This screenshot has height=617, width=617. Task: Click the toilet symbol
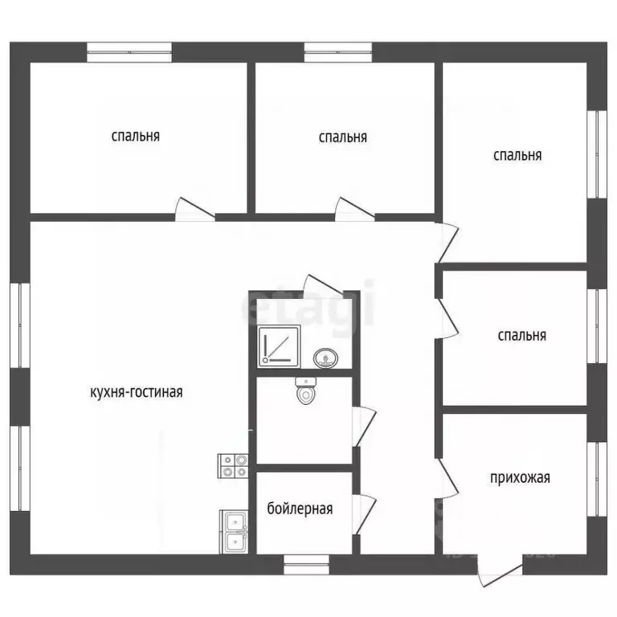coord(306,390)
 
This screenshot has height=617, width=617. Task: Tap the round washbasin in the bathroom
coord(326,358)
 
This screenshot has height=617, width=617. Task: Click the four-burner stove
coord(233,466)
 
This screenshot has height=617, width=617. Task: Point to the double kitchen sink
coord(234,532)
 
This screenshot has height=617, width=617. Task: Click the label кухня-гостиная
coord(137,392)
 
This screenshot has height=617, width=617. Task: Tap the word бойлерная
coord(300,509)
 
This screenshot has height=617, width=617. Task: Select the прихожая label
coord(520,478)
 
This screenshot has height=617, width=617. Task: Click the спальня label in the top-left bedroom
coord(135,136)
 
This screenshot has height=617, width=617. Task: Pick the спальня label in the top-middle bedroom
coord(343,137)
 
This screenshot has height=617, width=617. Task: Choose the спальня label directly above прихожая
coord(521,336)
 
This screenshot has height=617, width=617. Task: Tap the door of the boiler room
coord(364,514)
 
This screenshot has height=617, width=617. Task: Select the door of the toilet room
coord(364,427)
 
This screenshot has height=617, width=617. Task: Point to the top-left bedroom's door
coord(194,209)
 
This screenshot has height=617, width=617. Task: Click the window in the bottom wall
coord(307,564)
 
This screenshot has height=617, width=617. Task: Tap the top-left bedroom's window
coord(129,52)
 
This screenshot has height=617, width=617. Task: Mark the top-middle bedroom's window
coord(338,52)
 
